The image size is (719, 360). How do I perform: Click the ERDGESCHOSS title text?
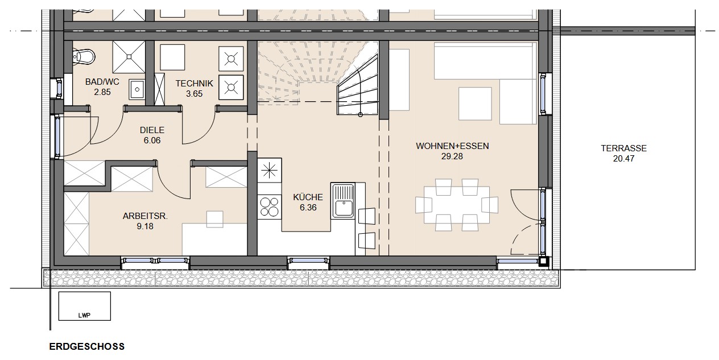(x=86, y=346)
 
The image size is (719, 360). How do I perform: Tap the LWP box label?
(x=84, y=316)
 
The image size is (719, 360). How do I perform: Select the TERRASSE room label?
(x=623, y=148)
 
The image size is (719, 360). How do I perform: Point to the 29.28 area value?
(x=452, y=156)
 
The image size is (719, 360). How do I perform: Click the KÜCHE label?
(x=308, y=197)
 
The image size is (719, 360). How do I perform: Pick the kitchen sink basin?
(x=344, y=208)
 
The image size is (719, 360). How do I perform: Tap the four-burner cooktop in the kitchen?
(x=269, y=207)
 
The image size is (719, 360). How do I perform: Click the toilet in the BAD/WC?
(x=84, y=57)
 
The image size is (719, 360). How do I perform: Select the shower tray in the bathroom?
(x=129, y=57)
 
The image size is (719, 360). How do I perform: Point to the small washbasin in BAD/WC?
(x=137, y=89)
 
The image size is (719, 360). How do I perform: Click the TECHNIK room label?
(x=194, y=84)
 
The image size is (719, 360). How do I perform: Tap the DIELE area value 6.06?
(x=152, y=140)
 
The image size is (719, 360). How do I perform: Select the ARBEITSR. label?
(x=145, y=216)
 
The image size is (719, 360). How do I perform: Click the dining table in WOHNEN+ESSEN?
(x=457, y=205)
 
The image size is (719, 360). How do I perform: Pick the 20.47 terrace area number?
(x=623, y=159)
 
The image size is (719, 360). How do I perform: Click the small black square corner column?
(x=543, y=262)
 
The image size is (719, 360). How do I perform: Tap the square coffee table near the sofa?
(x=475, y=104)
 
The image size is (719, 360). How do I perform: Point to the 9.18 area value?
(x=145, y=226)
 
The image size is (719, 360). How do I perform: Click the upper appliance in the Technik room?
(x=231, y=59)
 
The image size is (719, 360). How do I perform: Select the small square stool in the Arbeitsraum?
(x=215, y=219)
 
